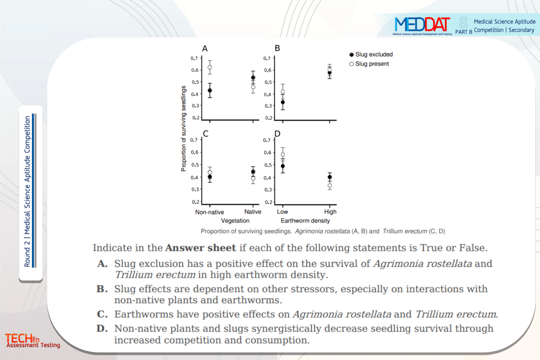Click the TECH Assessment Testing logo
tap(32, 340)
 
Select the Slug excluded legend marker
tap(352, 55)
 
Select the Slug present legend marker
tap(352, 64)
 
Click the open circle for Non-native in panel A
tap(210, 67)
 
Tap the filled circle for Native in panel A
tap(253, 78)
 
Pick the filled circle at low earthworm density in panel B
tap(283, 102)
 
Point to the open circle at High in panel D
tap(329, 186)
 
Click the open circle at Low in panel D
tap(283, 155)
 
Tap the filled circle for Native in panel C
tap(253, 172)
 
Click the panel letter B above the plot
tap(277, 48)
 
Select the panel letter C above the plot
tap(206, 134)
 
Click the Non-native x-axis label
tap(210, 212)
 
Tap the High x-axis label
tap(330, 212)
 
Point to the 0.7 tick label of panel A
tap(194, 59)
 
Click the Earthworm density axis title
tap(305, 221)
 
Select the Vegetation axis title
tap(235, 221)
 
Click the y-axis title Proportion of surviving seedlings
tap(184, 129)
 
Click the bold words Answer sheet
tap(200, 248)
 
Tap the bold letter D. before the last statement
tap(102, 328)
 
